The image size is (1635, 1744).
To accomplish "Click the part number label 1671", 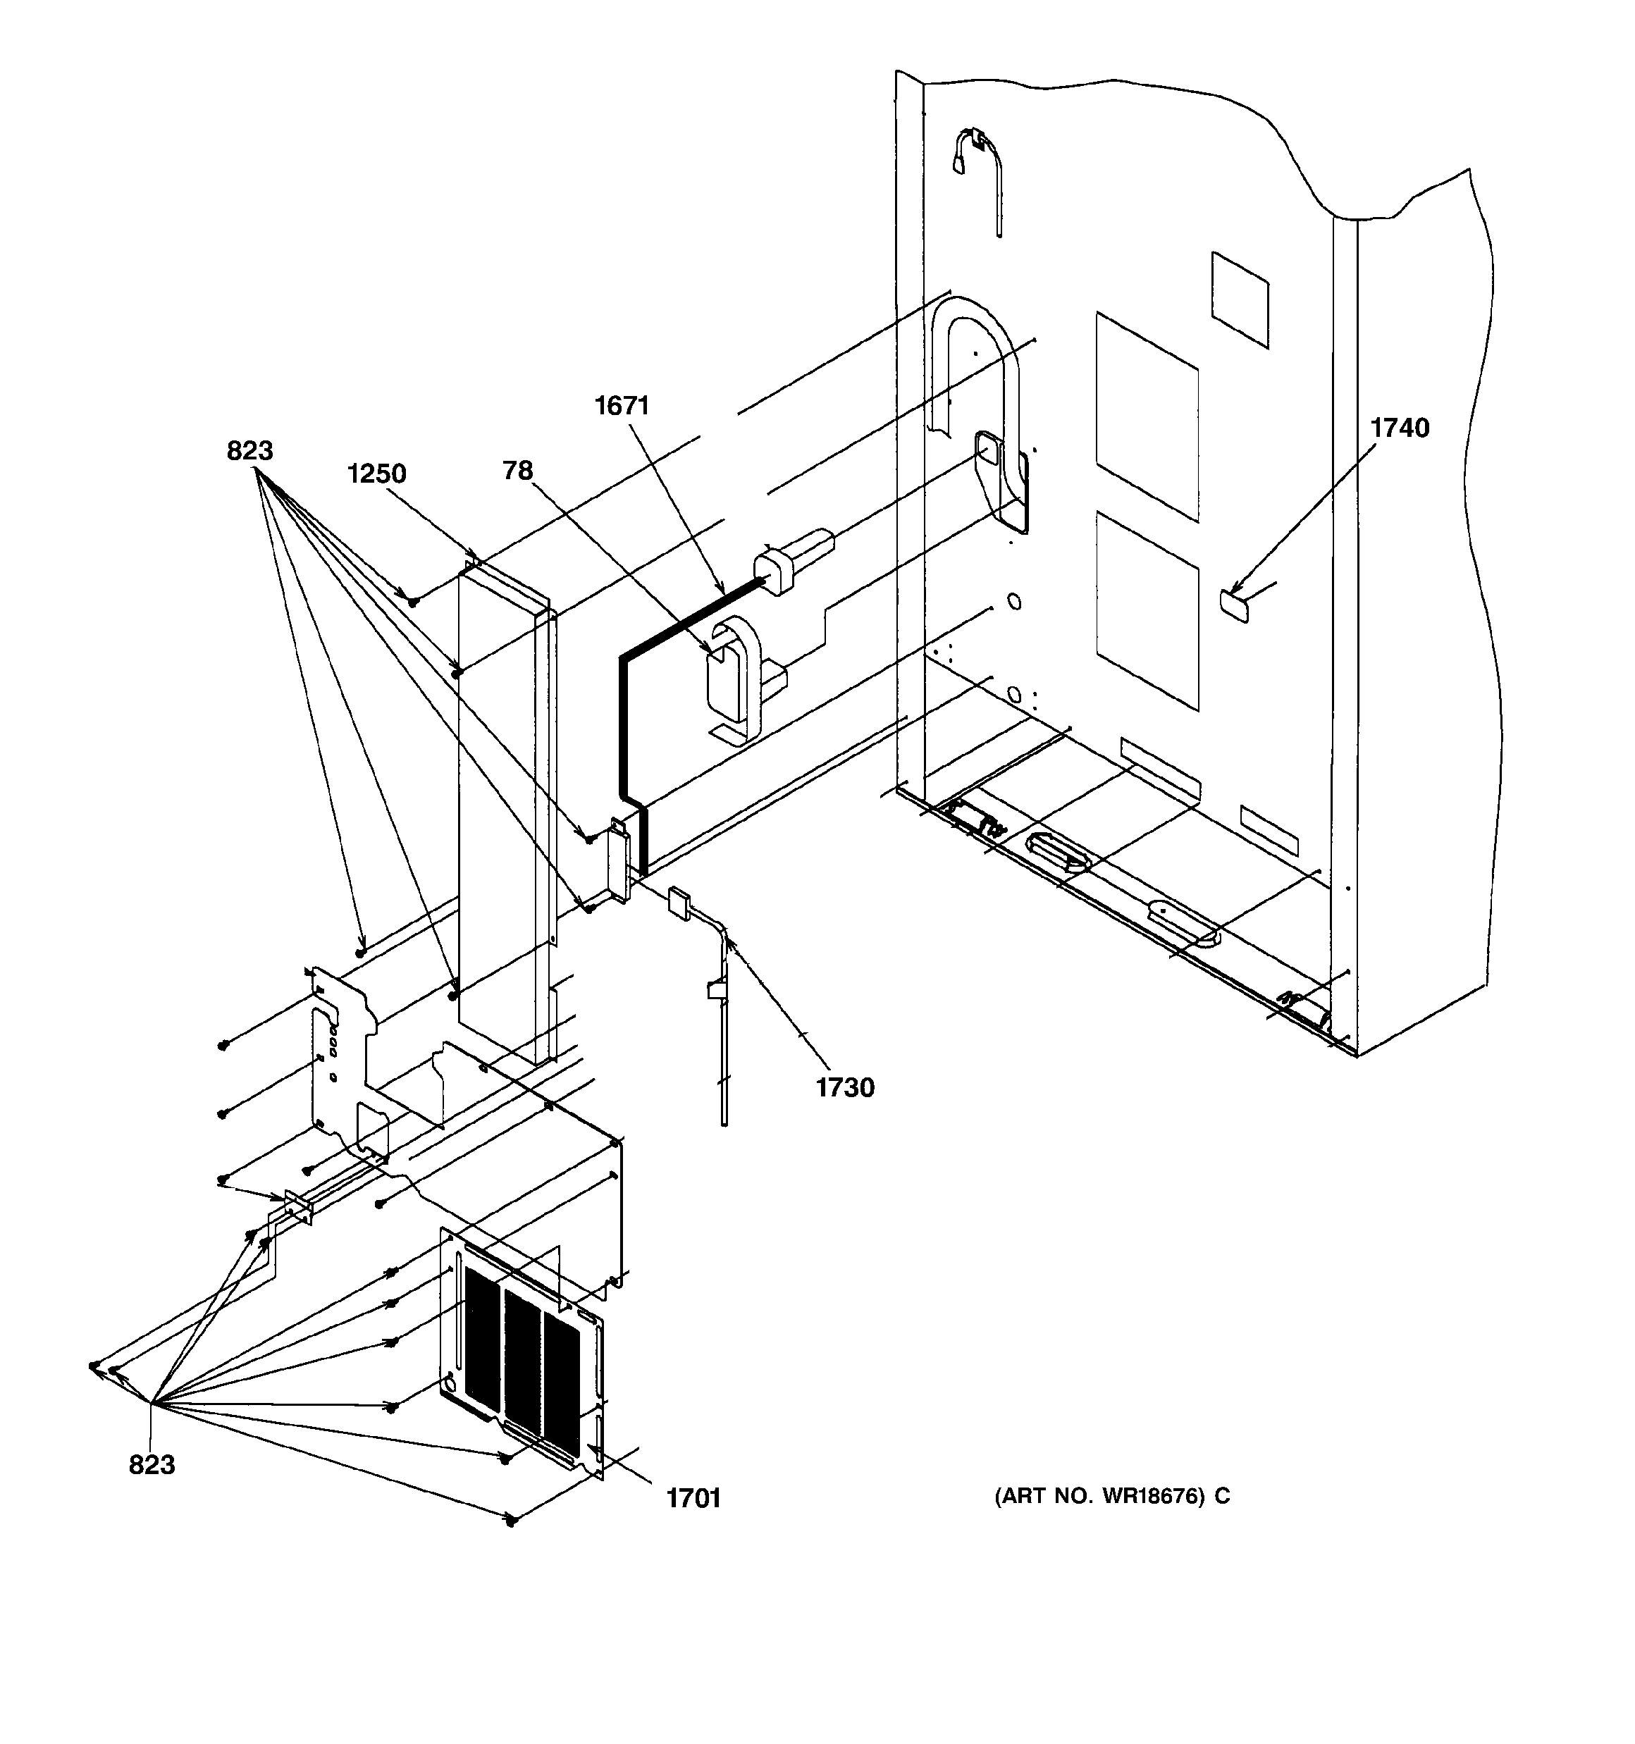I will tap(622, 405).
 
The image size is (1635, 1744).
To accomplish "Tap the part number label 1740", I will tap(1399, 428).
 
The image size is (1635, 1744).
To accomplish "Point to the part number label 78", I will tap(518, 471).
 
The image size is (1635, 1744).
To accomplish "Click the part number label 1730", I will tap(845, 1088).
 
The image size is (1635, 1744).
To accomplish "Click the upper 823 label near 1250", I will tap(250, 451).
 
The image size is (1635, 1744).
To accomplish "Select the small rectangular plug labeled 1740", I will tap(1234, 605).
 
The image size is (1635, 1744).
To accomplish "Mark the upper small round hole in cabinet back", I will tap(1013, 602).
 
